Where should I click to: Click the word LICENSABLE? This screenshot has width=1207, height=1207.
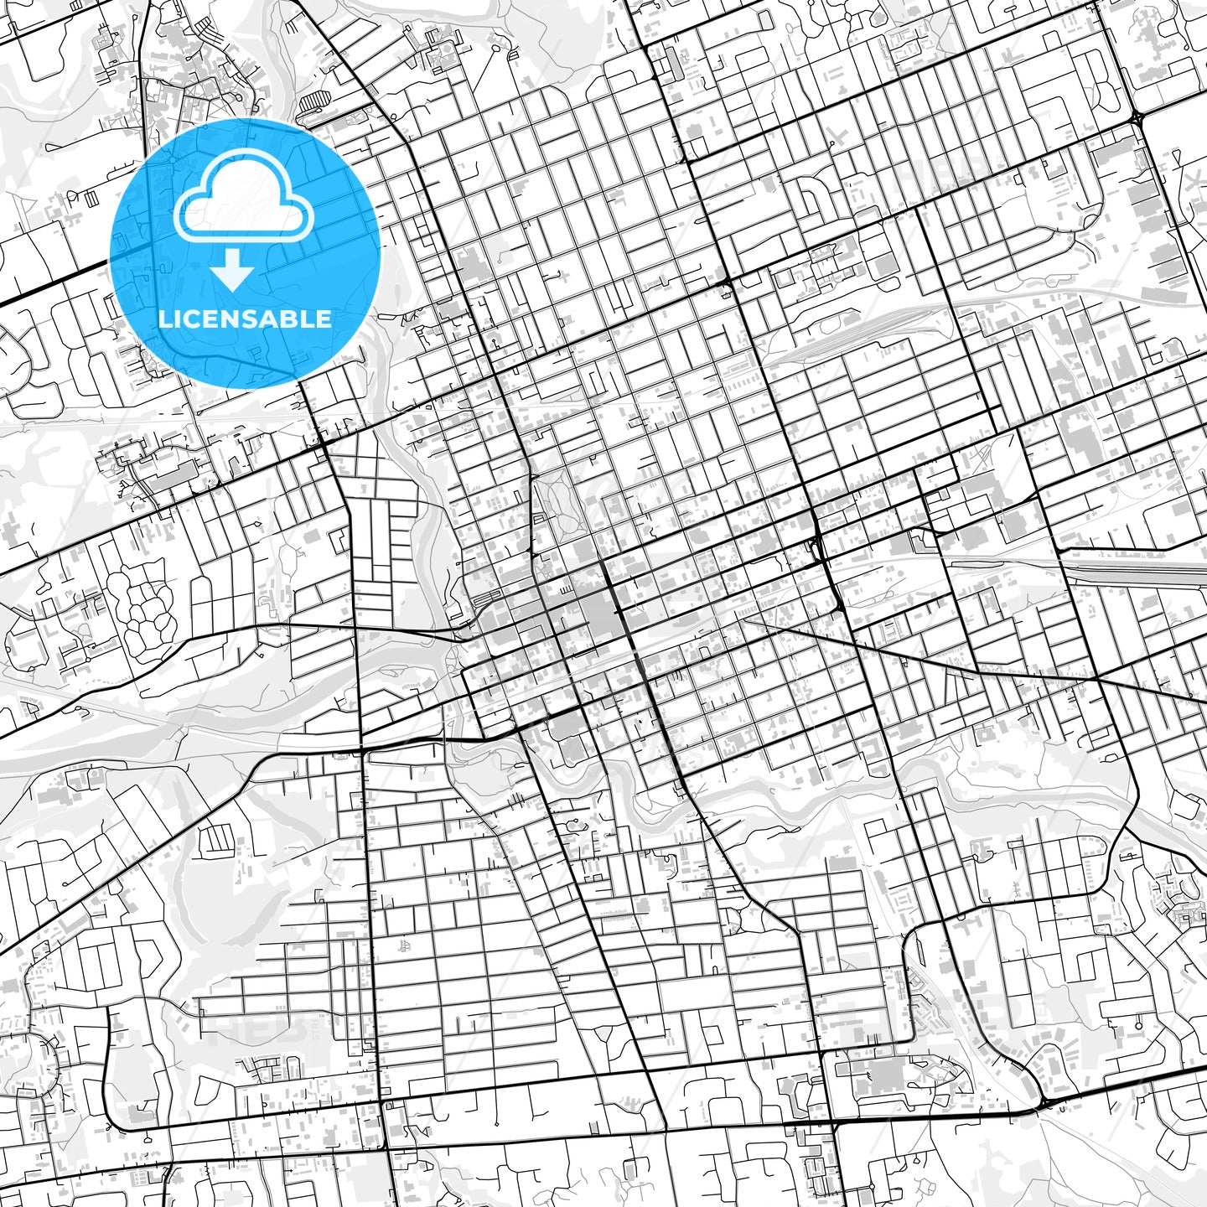click(245, 319)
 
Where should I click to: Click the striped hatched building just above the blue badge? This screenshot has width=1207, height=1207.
click(316, 104)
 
